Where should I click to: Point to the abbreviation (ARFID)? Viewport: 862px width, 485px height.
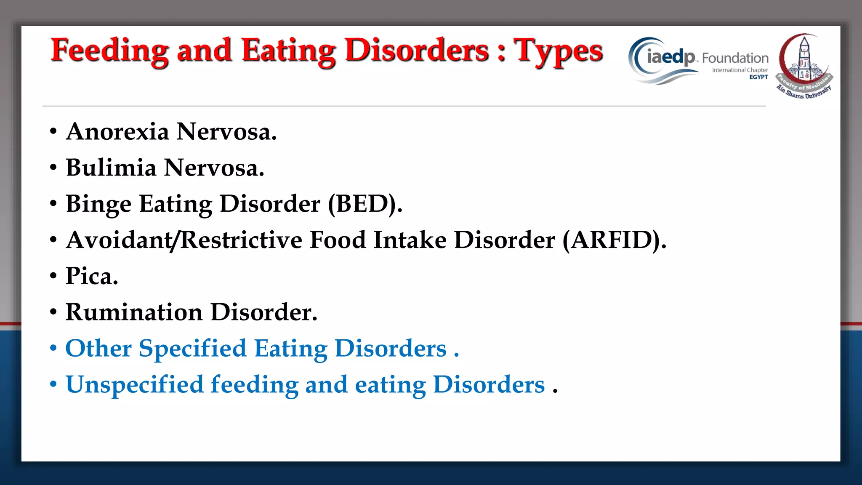614,240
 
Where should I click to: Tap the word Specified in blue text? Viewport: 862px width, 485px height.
192,349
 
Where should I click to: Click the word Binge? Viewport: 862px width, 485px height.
98,204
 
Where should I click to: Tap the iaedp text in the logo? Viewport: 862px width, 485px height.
670,57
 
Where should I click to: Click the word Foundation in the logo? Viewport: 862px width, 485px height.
735,58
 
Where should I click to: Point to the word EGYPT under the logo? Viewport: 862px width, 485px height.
758,77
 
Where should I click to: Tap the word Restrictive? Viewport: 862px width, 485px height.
241,240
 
